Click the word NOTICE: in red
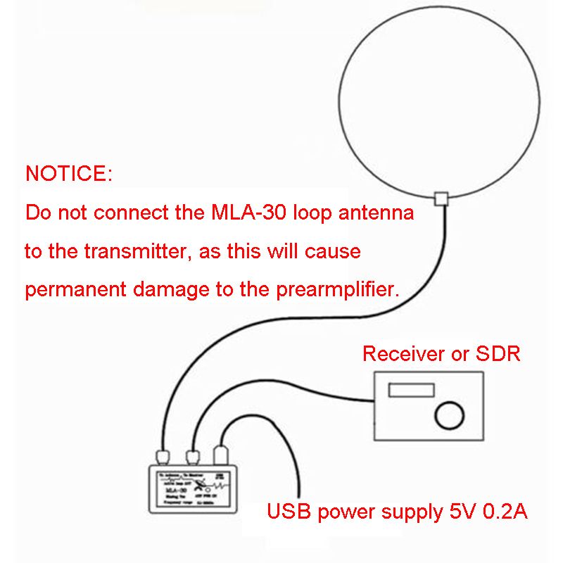tap(68, 174)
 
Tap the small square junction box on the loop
tap(442, 198)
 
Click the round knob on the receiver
tap(448, 415)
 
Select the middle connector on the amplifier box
tap(192, 456)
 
